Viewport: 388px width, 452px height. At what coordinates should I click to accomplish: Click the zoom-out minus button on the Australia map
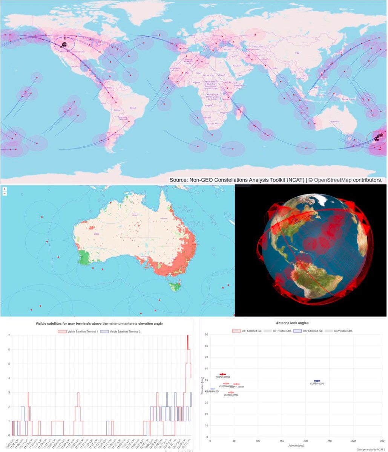click(x=4, y=194)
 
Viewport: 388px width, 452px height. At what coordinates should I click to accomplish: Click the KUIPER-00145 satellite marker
click(x=317, y=381)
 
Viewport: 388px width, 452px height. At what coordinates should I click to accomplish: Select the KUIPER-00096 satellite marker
click(x=222, y=374)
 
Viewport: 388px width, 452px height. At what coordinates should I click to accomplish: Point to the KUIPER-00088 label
click(x=231, y=395)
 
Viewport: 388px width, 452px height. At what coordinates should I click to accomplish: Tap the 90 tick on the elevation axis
click(x=206, y=334)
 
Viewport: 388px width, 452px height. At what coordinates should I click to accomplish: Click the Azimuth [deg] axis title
click(x=296, y=445)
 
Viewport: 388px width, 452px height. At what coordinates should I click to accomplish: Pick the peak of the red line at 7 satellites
click(x=187, y=335)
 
